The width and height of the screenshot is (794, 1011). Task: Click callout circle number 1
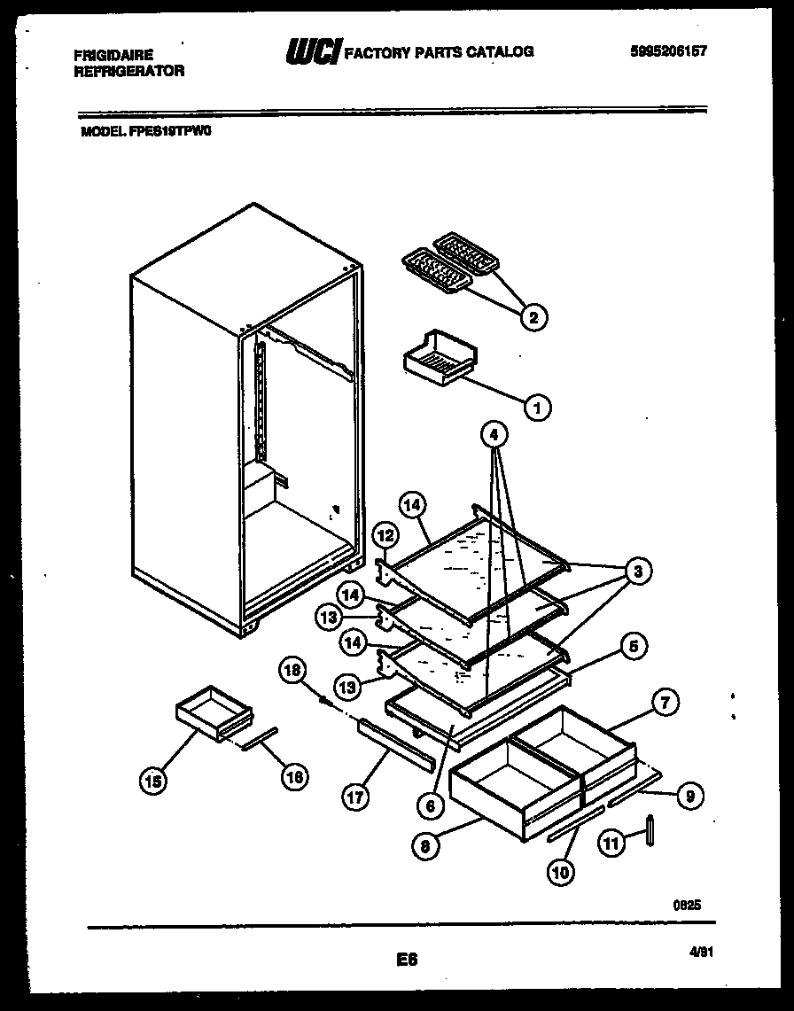pyautogui.click(x=536, y=407)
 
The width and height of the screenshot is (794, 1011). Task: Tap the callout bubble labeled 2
pyautogui.click(x=533, y=316)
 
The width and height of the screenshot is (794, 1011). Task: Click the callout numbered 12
pyautogui.click(x=385, y=535)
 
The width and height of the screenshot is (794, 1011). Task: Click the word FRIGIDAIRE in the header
pyautogui.click(x=113, y=55)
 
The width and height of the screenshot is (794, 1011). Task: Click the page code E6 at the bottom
pyautogui.click(x=408, y=959)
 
